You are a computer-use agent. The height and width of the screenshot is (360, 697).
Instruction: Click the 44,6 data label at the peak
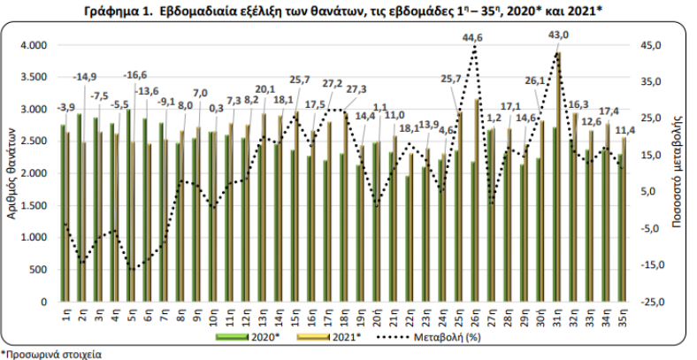pyautogui.click(x=473, y=37)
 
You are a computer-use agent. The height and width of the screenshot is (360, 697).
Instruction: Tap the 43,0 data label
pyautogui.click(x=559, y=34)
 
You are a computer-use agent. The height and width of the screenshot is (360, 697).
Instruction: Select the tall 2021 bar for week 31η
pyautogui.click(x=560, y=177)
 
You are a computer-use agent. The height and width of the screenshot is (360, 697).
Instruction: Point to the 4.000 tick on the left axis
pyautogui.click(x=33, y=45)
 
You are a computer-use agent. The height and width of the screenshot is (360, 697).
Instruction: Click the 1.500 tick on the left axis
pyautogui.click(x=33, y=205)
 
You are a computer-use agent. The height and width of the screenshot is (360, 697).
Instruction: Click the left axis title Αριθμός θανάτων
pyautogui.click(x=10, y=172)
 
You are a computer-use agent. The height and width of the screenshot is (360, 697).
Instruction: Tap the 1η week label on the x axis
pyautogui.click(x=65, y=314)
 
